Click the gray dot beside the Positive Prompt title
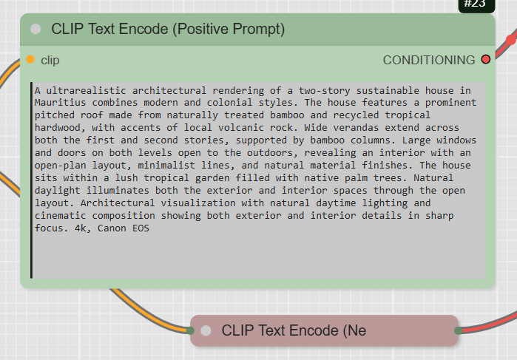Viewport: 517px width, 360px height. [x=36, y=29]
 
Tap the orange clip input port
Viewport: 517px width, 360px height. [x=30, y=59]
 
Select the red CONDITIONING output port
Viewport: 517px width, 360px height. [x=486, y=59]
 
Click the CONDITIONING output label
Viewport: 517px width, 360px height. [x=429, y=60]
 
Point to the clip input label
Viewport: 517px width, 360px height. [x=50, y=61]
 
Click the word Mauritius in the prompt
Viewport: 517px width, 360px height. [x=61, y=103]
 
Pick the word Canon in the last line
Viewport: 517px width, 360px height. [x=112, y=228]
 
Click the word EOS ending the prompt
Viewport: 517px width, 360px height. [x=141, y=228]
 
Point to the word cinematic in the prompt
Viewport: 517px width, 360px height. [x=61, y=216]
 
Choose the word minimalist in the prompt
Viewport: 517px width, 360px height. [x=166, y=165]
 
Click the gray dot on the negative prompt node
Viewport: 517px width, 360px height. [x=206, y=330]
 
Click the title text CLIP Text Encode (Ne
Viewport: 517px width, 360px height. [x=294, y=330]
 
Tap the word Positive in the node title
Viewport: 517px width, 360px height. [x=203, y=29]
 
